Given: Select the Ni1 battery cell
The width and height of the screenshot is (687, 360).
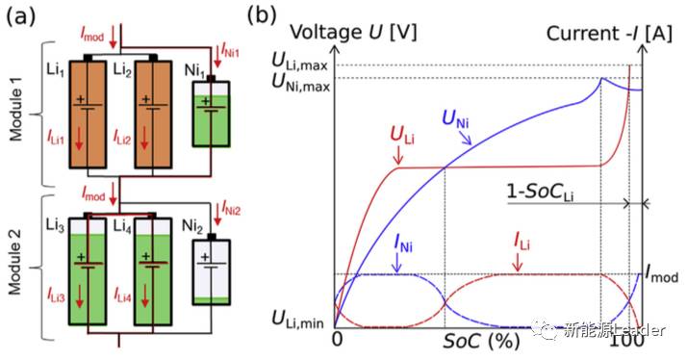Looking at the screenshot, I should coord(212,113).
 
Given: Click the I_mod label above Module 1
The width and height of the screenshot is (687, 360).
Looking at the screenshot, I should coord(93,35).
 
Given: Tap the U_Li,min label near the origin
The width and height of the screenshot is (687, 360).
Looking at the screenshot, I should coord(299,318).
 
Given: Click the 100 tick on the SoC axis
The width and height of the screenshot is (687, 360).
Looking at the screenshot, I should coord(626,342).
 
